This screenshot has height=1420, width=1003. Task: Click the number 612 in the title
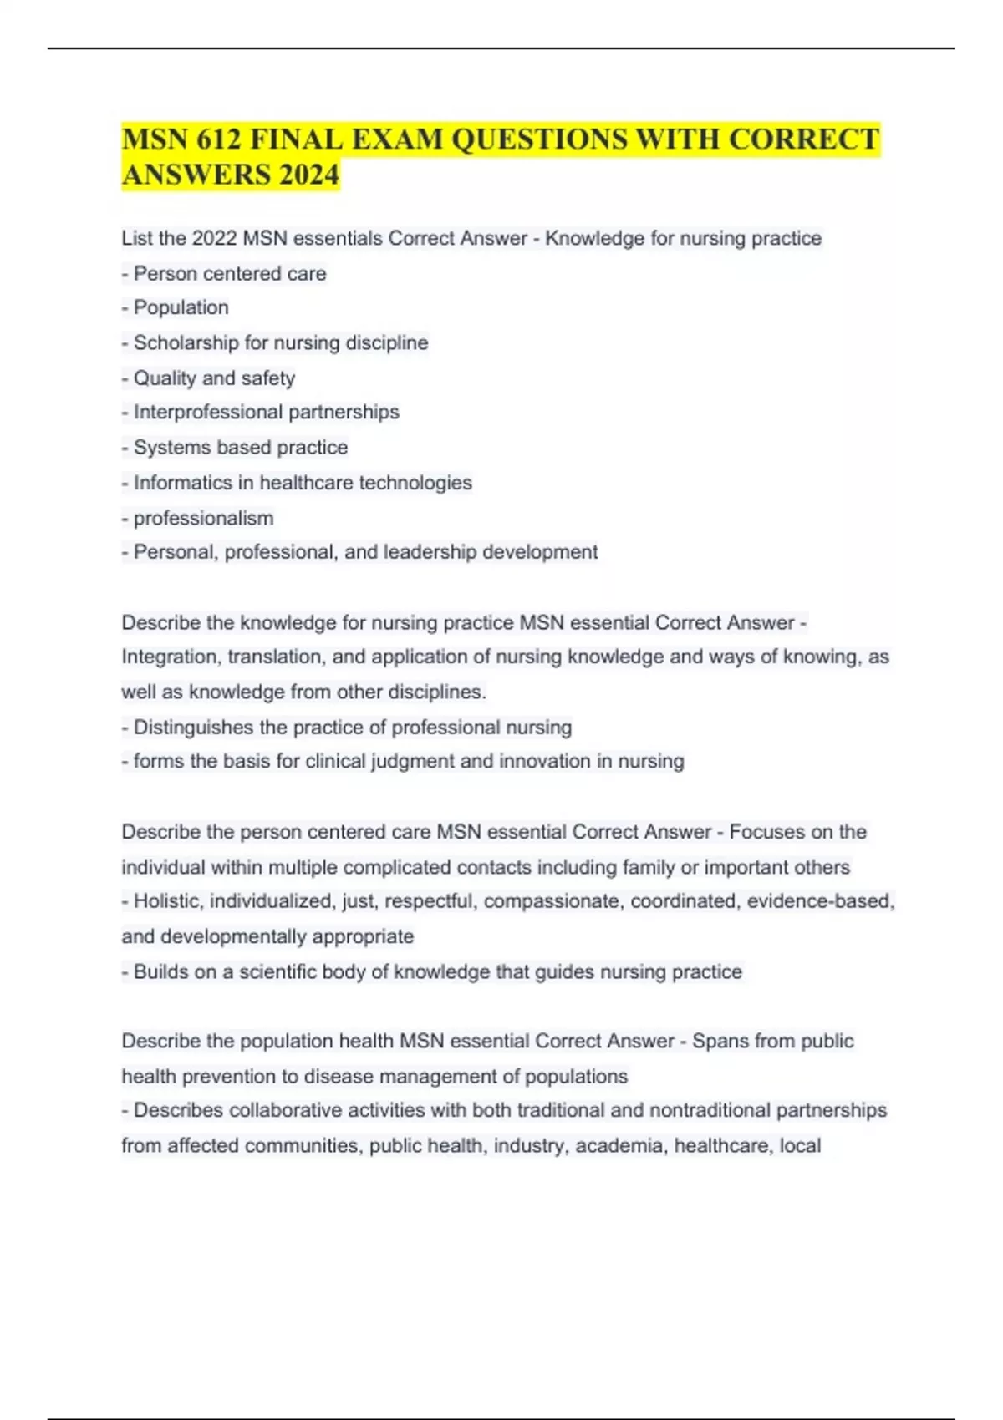(211, 139)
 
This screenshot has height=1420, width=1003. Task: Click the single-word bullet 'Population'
(181, 307)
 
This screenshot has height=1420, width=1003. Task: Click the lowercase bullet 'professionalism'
(203, 518)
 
